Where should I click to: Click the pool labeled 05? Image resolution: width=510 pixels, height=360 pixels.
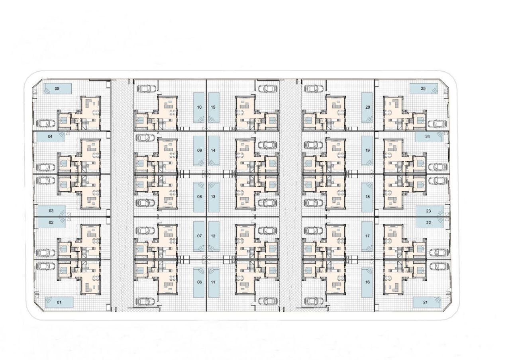57,88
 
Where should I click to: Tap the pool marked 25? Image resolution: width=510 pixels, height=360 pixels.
423,88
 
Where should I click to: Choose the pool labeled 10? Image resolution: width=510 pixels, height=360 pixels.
199,108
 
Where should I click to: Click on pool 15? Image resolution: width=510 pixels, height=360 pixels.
213,108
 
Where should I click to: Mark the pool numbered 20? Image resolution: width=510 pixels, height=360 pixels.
367,108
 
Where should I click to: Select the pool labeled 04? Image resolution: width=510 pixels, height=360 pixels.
51,137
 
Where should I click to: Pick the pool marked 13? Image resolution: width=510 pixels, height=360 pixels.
213,197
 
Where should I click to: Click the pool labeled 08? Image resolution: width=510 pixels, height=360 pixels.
199,197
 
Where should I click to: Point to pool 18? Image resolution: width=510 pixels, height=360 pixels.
367,197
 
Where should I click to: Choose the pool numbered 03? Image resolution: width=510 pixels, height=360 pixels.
51,211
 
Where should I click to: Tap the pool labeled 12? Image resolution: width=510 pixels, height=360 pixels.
213,236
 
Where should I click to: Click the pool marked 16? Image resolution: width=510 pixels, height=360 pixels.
367,282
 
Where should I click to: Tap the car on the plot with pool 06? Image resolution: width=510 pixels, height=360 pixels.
145,301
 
